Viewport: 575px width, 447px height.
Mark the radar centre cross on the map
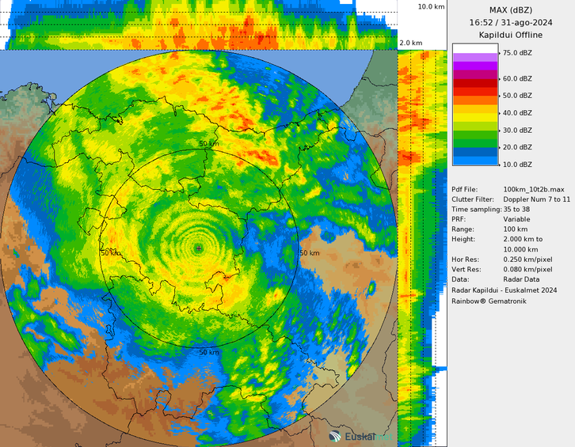coord(199,248)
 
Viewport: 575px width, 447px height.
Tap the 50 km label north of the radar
coord(208,144)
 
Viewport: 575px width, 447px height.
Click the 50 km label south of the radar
coord(208,352)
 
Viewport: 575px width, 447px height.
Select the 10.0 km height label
coord(432,6)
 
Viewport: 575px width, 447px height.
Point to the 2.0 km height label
coord(410,42)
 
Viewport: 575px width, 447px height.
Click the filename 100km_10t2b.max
coord(533,189)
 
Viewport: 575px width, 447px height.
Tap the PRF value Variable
coord(516,219)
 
